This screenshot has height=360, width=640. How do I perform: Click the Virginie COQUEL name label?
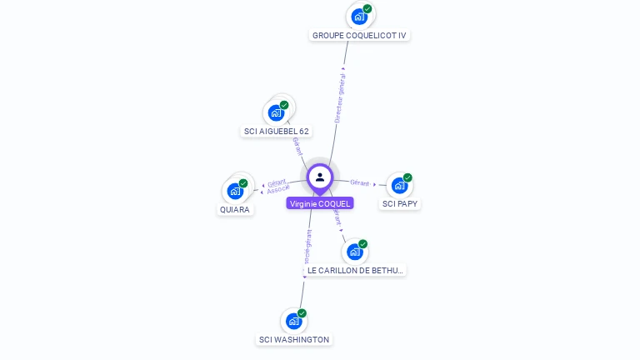tap(320, 203)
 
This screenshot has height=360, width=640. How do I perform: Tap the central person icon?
tap(320, 177)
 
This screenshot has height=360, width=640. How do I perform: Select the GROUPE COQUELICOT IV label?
tap(359, 36)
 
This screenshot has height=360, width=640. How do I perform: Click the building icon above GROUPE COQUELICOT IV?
tap(359, 16)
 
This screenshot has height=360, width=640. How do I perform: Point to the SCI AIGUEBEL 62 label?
tap(277, 132)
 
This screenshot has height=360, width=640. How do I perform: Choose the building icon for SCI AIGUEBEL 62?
tap(277, 112)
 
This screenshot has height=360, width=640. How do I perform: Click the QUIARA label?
tap(235, 210)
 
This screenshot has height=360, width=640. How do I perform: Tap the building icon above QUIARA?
tap(235, 191)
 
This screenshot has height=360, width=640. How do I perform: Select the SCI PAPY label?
tap(400, 204)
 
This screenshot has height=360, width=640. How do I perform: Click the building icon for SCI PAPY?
tap(399, 185)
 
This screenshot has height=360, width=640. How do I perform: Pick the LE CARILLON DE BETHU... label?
tap(355, 271)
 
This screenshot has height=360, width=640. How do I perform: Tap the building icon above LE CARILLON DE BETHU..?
tap(355, 252)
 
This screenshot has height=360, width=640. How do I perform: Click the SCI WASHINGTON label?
tap(294, 340)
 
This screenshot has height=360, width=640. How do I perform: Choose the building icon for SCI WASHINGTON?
tap(293, 321)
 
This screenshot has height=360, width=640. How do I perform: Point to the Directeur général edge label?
tap(340, 96)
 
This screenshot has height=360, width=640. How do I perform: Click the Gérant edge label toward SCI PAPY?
tap(360, 182)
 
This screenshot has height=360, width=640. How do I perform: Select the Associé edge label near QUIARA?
tap(277, 190)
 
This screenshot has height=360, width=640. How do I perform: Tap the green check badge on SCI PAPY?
tap(407, 177)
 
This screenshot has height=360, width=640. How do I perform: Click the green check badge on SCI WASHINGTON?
tap(302, 313)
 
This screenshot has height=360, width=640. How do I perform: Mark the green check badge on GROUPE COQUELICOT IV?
tap(367, 9)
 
